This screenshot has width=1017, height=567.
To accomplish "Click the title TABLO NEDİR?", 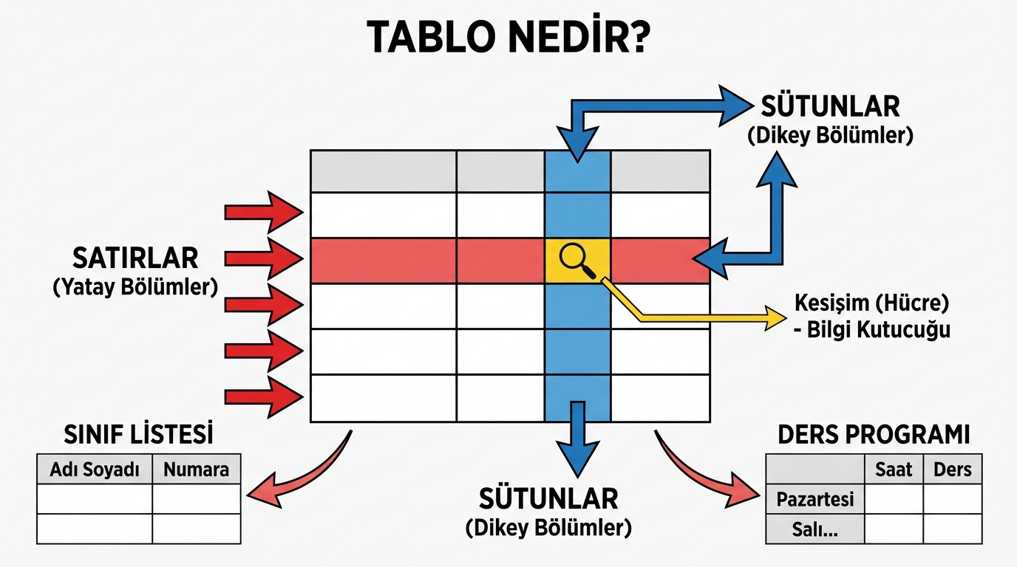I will (508, 36).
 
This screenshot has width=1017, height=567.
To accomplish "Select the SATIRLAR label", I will (135, 258).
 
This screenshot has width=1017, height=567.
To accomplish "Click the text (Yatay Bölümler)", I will (135, 287).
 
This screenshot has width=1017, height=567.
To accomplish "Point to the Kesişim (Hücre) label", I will (871, 302).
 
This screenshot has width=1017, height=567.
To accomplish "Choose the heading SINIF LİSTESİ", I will (138, 433).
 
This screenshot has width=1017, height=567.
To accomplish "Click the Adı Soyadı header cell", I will (95, 470).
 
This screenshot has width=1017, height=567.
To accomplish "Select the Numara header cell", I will (197, 470).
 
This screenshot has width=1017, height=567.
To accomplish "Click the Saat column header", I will (894, 470).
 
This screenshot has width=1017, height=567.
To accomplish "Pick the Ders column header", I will (953, 470).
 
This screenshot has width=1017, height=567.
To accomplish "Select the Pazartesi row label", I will (815, 500).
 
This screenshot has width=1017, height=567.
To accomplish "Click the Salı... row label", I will (815, 529).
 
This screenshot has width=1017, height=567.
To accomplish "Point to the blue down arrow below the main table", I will (577, 443).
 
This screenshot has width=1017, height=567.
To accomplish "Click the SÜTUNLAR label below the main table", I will (548, 499).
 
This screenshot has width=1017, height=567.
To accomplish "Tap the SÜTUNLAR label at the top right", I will (830, 107).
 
